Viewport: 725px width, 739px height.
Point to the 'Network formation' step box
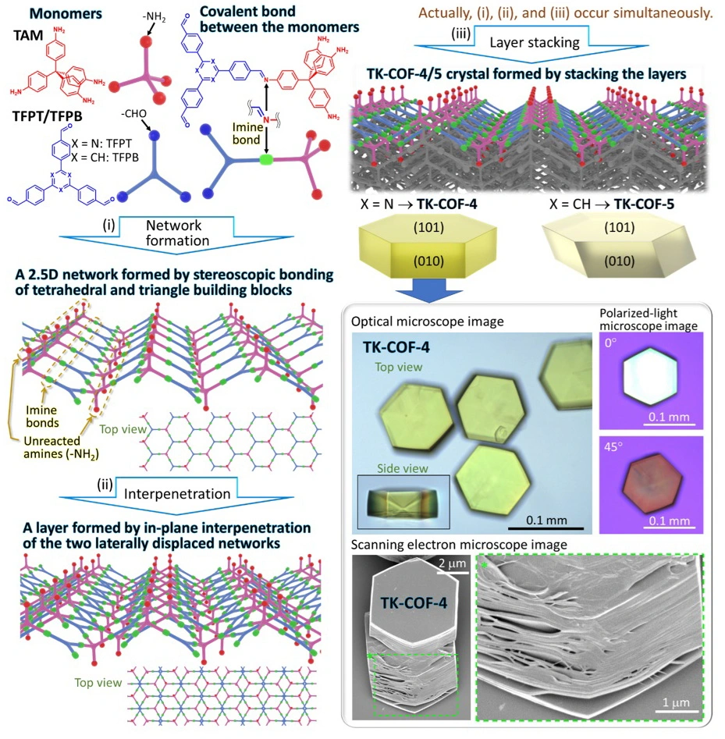[x=178, y=233]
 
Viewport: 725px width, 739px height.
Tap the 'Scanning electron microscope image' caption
[x=459, y=544]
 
